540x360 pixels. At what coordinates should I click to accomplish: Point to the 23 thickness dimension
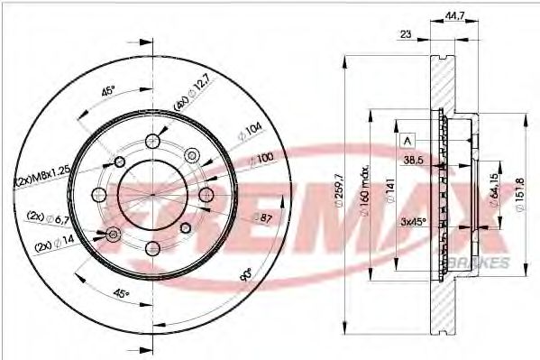[x=406, y=34]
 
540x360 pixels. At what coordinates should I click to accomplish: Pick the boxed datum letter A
[x=407, y=141]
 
